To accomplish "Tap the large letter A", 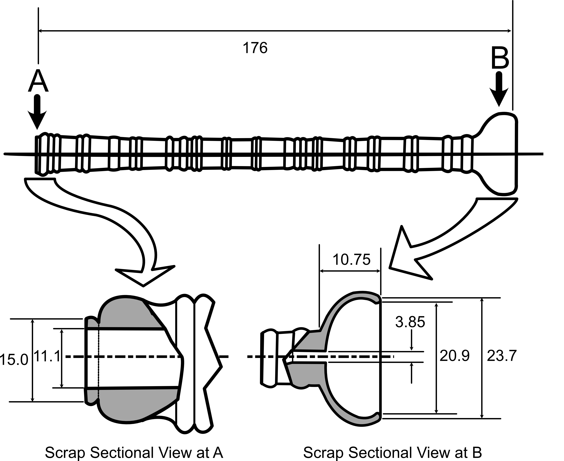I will point(38,81).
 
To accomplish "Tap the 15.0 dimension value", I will point(14,360).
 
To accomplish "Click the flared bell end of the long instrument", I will point(499,154).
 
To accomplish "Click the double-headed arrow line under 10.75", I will point(350,271).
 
